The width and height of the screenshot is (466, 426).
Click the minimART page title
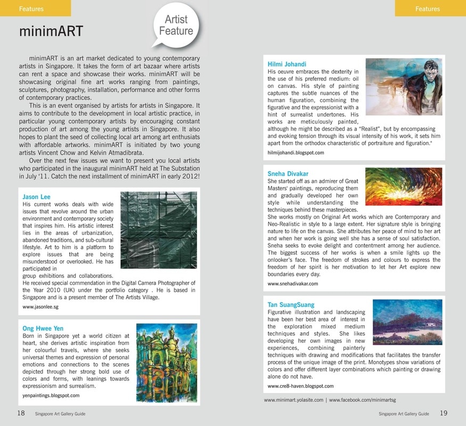51,31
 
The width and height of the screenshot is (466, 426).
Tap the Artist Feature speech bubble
176,26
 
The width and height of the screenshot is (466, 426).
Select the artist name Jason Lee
37,197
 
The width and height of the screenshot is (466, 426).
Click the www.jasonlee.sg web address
40,307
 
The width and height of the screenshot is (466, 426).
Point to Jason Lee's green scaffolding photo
159,230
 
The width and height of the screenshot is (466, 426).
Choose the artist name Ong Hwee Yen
43,329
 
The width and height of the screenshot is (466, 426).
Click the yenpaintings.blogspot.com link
51,396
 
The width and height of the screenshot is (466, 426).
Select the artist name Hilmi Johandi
287,64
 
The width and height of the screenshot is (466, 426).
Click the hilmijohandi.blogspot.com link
296,153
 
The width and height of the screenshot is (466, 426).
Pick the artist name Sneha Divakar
288,174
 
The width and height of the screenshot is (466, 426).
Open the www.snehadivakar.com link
292,284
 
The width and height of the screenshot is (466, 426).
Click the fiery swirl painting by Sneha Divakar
403,190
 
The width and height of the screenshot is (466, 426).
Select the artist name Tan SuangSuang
291,305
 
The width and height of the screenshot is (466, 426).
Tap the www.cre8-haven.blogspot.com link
300,386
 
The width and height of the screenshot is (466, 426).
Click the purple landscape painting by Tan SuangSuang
407,323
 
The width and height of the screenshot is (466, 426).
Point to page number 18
21,413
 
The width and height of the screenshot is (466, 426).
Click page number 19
444,413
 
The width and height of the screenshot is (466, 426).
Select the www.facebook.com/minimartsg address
363,399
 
